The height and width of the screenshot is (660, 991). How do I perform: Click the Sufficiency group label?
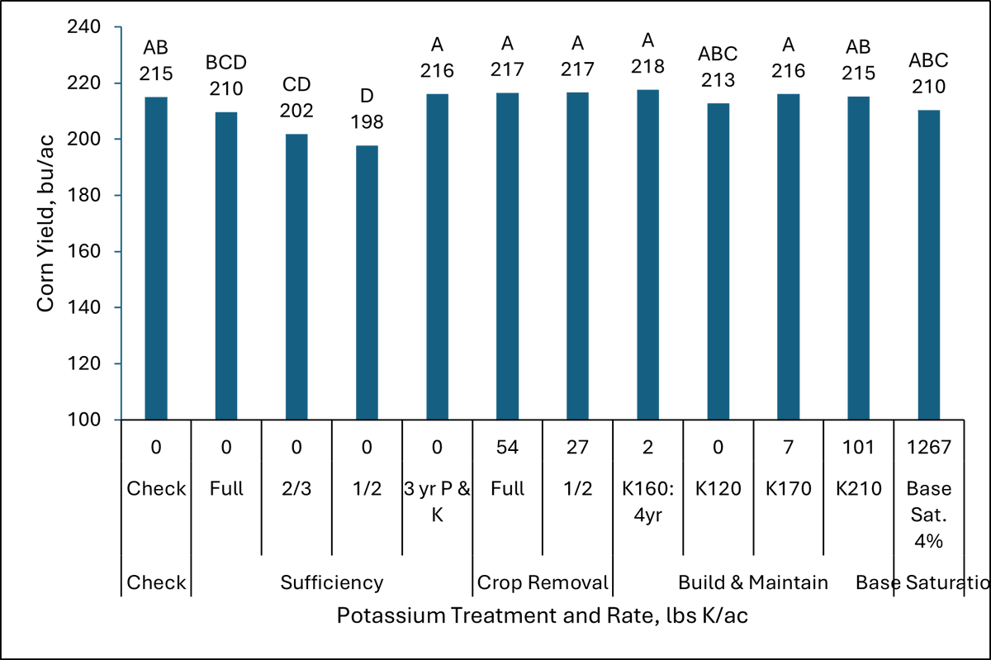point(331,582)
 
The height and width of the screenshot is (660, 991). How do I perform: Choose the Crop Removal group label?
point(543,582)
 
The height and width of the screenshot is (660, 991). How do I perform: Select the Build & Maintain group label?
point(752,582)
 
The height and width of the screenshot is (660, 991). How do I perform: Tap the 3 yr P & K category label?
point(437,498)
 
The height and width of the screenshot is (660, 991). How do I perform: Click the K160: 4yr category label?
point(647,498)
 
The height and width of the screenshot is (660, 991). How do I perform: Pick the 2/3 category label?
point(296,488)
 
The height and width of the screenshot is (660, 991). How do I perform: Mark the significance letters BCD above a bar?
point(226,63)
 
